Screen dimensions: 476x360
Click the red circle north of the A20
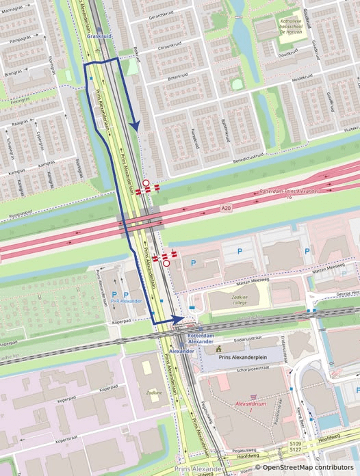tap(146, 183)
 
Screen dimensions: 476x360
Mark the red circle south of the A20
tap(166, 263)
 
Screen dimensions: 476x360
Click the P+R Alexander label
tap(126, 300)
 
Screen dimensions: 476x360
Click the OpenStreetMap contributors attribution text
tap(306, 468)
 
